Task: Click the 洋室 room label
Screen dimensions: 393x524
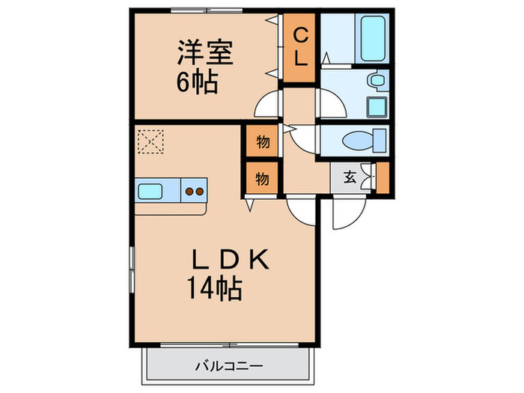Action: coord(204,53)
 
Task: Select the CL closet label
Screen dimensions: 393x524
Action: coord(299,47)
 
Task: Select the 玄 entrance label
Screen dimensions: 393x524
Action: coord(350,178)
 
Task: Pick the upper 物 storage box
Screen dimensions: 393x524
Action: coord(262,141)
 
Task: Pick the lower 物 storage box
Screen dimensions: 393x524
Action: coord(262,178)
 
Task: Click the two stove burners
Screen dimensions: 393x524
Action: coord(195,191)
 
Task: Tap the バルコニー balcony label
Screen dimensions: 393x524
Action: coord(225,366)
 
